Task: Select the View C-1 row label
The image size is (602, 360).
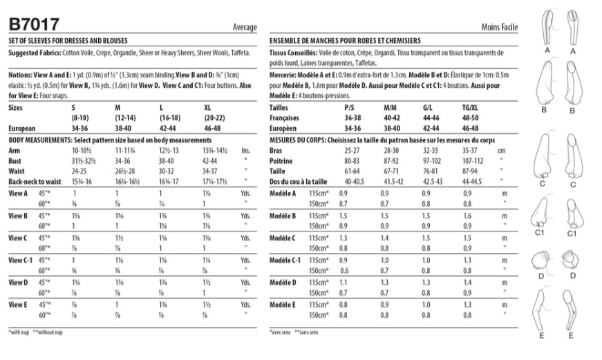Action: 21,260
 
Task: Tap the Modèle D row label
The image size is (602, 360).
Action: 284,282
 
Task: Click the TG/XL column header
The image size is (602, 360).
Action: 470,108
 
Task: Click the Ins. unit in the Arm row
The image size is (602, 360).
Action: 244,149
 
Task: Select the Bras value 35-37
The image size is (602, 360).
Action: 470,149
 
